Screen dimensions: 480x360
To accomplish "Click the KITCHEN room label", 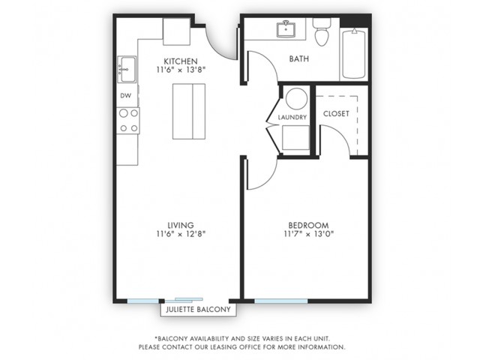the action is coord(181,61).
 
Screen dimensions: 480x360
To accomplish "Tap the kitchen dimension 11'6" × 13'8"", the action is coord(181,70).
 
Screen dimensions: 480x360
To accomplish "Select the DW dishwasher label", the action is coord(125,95).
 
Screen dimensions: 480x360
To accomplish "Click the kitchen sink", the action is coord(127,69).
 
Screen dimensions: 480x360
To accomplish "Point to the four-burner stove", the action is coord(128,121).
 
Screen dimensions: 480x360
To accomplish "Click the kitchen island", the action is coord(189,112).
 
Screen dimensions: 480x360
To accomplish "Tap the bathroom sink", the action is coord(286,29).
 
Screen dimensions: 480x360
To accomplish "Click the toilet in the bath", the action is coord(322,31).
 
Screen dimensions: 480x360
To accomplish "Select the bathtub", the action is coord(354,54).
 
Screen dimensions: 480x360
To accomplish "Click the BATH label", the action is coord(299,58).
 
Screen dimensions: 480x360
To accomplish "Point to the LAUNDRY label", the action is coord(292,117).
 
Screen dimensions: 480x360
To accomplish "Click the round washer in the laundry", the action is coord(296,98).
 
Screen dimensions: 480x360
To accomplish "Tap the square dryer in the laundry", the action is coord(295,137).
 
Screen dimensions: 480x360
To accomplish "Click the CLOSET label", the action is coord(336,113).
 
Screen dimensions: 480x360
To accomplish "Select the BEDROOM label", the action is coord(308,225).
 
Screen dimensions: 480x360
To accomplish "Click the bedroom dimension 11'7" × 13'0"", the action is coord(308,234).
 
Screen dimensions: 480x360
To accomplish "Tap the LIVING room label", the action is coord(181,225).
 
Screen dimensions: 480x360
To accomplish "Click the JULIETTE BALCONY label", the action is coord(198,310).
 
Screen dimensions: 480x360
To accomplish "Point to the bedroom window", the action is coord(281,301).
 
